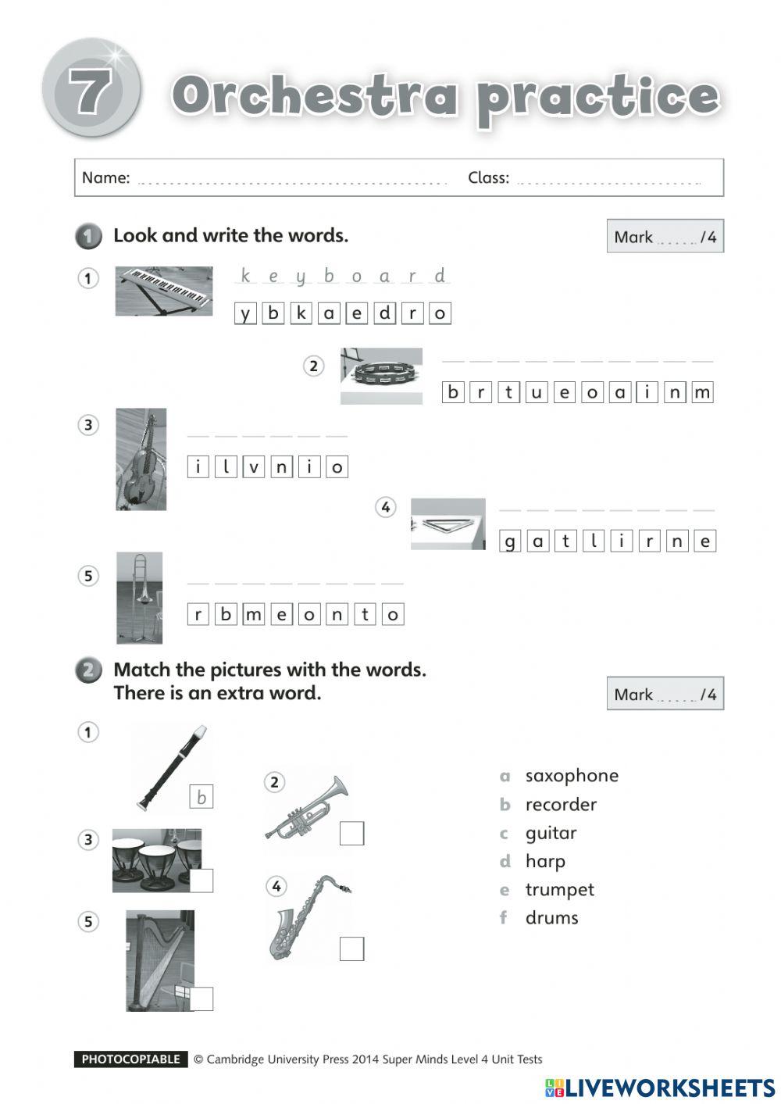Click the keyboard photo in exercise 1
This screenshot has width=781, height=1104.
[x=163, y=291]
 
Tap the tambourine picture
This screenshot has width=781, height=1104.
[x=381, y=376]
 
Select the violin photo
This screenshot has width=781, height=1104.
[x=141, y=459]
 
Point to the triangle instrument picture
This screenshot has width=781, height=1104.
[x=448, y=524]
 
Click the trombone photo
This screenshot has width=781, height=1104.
[x=140, y=598]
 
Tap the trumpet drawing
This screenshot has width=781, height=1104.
[x=307, y=808]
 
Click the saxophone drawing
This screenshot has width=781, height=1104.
[x=307, y=919]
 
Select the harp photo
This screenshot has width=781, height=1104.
[x=159, y=959]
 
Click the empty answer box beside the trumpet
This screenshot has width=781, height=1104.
[x=351, y=834]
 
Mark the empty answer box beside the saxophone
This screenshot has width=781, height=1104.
[x=351, y=949]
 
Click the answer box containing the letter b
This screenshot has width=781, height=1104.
[x=201, y=797]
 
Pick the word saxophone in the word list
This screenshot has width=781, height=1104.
[x=572, y=776]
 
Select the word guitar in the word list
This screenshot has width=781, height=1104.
[x=551, y=833]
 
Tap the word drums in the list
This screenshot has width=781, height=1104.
[x=551, y=918]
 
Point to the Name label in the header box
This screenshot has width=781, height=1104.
[x=106, y=178]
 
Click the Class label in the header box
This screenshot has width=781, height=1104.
[x=488, y=178]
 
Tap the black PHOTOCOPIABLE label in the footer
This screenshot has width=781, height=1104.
[x=131, y=1059]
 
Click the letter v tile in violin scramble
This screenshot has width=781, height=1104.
[x=253, y=467]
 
